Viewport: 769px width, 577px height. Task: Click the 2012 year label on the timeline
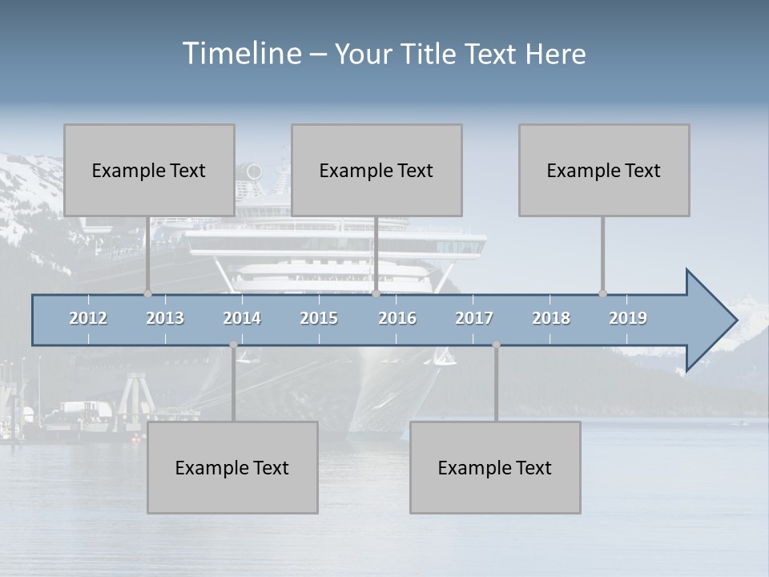(88, 318)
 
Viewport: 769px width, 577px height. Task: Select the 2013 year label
(165, 318)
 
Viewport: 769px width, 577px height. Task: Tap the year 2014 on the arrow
(242, 318)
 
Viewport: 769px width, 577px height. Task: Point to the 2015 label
(319, 318)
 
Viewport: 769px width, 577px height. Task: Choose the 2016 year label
(397, 318)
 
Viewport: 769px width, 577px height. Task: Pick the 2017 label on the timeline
(474, 318)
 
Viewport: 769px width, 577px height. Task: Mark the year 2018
(551, 318)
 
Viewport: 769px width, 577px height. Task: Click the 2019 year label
(628, 318)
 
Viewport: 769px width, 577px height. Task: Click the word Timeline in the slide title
(240, 54)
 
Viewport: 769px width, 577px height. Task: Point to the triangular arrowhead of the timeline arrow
(710, 321)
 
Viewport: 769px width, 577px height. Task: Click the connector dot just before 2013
(147, 293)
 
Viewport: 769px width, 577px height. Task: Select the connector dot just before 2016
(376, 293)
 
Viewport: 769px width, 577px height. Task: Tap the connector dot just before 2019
(602, 293)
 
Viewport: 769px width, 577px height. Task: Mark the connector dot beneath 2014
(233, 345)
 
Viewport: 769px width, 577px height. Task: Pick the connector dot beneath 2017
(496, 345)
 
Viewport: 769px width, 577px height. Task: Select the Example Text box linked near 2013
(149, 170)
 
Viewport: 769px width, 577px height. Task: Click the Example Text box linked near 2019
(604, 170)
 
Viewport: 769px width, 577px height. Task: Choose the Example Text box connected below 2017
(495, 467)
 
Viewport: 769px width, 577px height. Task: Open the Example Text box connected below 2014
(232, 467)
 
